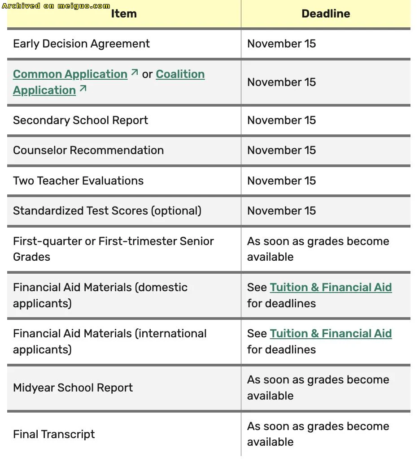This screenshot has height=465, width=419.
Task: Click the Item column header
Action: click(x=124, y=14)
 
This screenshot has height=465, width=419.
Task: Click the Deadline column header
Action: click(x=326, y=14)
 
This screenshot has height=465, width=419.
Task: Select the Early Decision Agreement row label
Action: click(x=81, y=44)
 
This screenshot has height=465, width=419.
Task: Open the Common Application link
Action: click(x=70, y=74)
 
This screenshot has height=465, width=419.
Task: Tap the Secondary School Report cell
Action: click(x=80, y=121)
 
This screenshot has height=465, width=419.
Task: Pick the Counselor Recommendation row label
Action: click(x=88, y=151)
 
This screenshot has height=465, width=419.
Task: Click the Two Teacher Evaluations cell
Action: click(x=78, y=181)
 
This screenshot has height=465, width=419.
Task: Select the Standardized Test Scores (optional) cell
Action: click(x=107, y=211)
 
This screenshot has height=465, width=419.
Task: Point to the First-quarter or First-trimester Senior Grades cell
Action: click(x=113, y=249)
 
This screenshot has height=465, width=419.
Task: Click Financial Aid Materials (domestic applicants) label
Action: click(x=100, y=295)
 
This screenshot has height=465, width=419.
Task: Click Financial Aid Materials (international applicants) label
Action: click(x=109, y=341)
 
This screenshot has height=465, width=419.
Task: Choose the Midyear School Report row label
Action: click(x=73, y=388)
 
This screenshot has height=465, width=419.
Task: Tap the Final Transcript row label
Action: click(x=54, y=435)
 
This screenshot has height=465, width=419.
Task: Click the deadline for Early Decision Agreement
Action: click(x=281, y=44)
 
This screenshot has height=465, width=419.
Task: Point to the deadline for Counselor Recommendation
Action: click(x=281, y=151)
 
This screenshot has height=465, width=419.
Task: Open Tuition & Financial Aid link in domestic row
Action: click(x=331, y=288)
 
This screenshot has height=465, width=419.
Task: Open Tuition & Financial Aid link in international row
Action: click(x=331, y=334)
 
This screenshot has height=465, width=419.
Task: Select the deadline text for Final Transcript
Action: click(x=318, y=434)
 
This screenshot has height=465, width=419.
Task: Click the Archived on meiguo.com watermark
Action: click(x=56, y=6)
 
